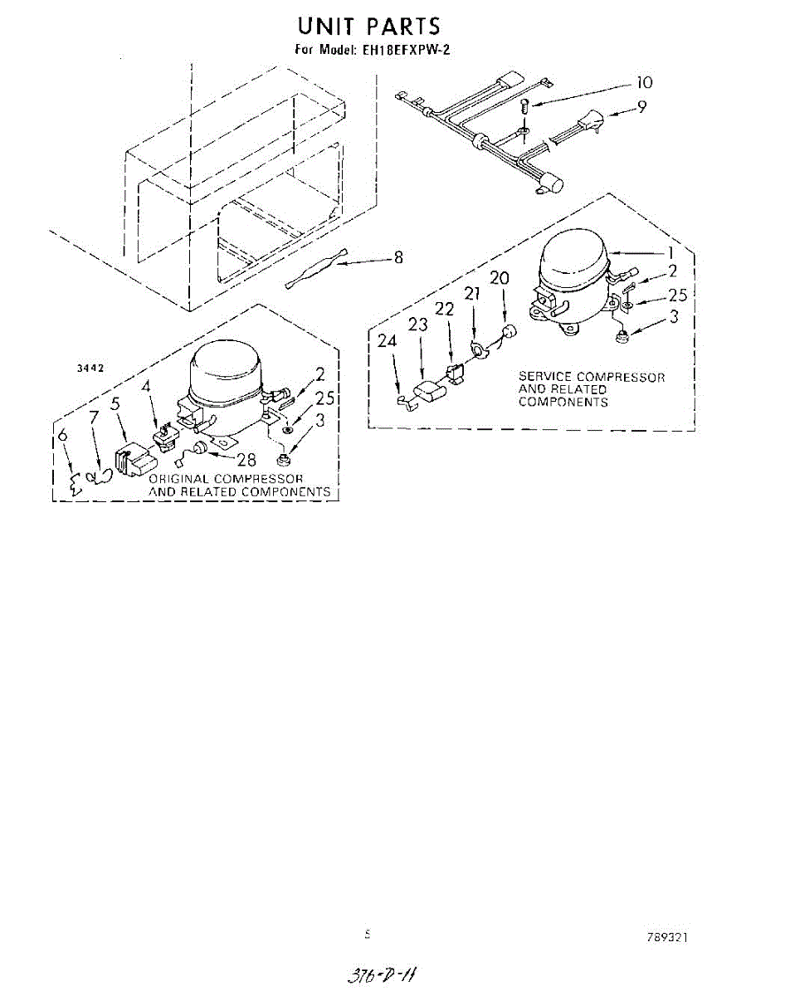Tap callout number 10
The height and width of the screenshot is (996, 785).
click(644, 82)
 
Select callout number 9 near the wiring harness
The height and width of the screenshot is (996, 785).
click(642, 107)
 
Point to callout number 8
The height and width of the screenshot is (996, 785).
click(398, 258)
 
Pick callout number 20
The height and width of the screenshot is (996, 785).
click(499, 278)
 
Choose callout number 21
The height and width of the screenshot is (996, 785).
click(472, 293)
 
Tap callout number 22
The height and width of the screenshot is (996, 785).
click(445, 309)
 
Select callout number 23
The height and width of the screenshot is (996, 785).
click(417, 325)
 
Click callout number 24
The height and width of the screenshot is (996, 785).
click(388, 340)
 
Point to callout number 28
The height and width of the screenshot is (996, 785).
click(246, 460)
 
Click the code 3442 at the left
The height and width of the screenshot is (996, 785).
click(89, 368)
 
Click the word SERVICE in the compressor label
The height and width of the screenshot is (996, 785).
click(546, 377)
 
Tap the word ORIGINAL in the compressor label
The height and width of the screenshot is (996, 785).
click(178, 479)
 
